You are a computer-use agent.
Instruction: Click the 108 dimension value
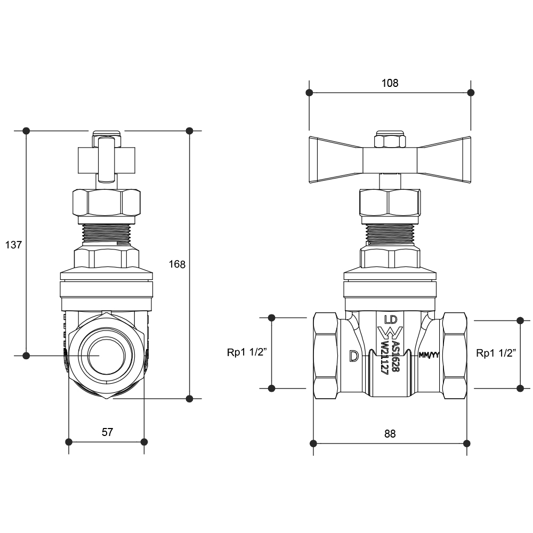coord(390,83)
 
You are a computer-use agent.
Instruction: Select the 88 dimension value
coord(390,434)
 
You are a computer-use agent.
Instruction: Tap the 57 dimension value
coord(107,432)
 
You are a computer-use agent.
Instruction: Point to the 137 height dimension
coord(13,245)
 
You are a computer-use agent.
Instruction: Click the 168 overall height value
coord(177,264)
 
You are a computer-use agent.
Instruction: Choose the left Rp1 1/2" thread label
coord(247,352)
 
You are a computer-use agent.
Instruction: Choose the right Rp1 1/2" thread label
coord(496,353)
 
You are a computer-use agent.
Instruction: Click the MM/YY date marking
coord(429,355)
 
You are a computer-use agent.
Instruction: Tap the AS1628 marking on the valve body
coord(395,357)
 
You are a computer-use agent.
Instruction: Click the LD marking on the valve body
coord(391,319)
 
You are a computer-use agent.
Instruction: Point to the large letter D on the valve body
coord(354,356)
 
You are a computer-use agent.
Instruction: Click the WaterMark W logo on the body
coord(390,333)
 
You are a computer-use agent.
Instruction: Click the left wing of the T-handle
coord(336,160)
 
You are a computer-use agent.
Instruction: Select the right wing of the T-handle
coord(444,160)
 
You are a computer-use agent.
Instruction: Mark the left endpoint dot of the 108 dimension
coord(309,92)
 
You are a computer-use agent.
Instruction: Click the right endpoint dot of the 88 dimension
coord(467,443)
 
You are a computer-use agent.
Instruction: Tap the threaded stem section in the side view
coord(107,235)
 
